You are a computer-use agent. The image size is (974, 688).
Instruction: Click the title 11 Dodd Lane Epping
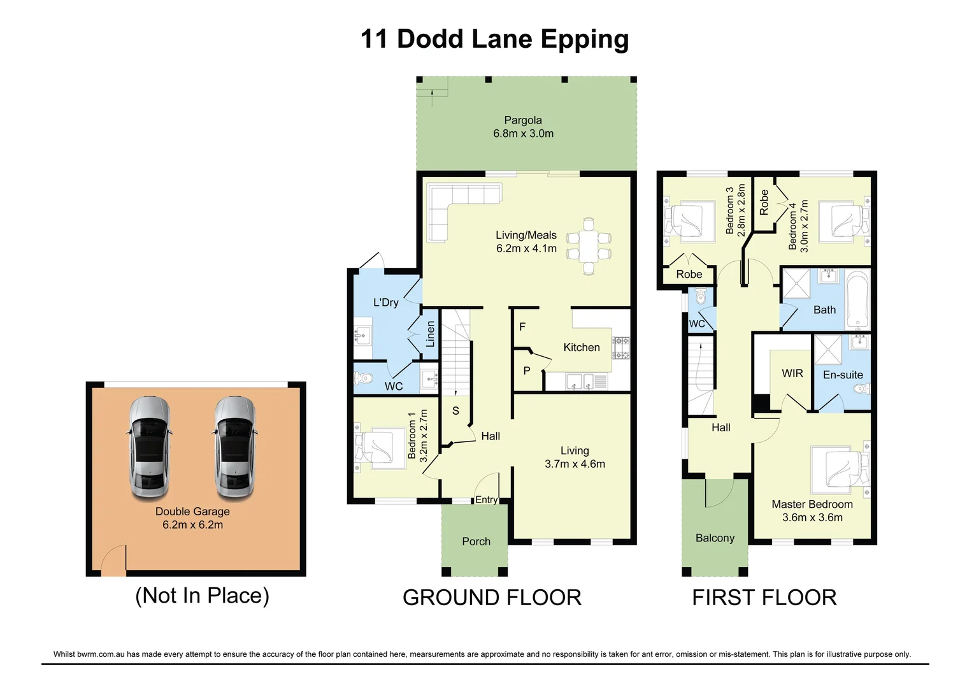coord(494,39)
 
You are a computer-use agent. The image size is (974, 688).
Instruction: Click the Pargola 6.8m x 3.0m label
coord(523,127)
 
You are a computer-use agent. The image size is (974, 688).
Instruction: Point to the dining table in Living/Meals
coord(589,247)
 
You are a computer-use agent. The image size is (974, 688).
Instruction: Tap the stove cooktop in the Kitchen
coord(620,348)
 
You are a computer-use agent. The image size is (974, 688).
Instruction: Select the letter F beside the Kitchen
coord(522,327)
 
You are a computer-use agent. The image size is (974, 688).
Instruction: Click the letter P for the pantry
coord(527,371)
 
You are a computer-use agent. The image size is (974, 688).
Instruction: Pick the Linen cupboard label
coord(431,334)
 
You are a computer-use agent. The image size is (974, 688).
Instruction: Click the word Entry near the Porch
coord(487,499)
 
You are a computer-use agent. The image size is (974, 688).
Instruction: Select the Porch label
coord(476,541)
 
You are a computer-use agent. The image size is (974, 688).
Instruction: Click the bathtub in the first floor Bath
coord(857,299)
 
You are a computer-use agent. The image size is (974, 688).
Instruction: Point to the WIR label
coord(792,373)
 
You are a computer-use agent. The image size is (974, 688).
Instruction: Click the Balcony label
coord(715,538)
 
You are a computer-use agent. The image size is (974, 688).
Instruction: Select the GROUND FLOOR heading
coord(492,598)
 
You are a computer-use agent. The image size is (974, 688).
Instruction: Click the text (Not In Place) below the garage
coord(202,596)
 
